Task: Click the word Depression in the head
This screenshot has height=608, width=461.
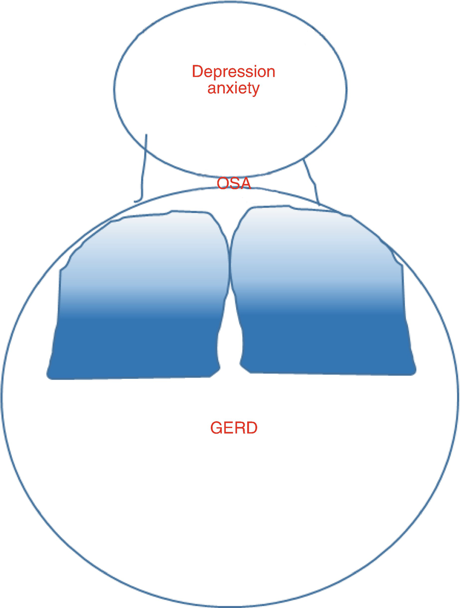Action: coord(233,73)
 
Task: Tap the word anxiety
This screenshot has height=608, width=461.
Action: coord(233,89)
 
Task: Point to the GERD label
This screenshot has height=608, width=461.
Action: coord(233,428)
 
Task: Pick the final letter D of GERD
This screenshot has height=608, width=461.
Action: coord(251,428)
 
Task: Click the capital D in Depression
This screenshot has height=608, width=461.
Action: coord(197,72)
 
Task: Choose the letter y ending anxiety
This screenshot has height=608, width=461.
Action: coord(255,91)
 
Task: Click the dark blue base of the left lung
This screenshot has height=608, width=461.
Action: coord(135,349)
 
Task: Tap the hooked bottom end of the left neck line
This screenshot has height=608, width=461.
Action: coord(137,201)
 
